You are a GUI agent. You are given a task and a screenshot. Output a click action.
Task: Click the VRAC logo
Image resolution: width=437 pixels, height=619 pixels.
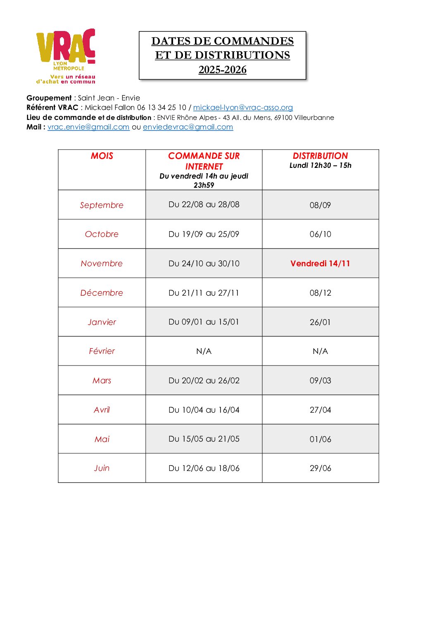66,56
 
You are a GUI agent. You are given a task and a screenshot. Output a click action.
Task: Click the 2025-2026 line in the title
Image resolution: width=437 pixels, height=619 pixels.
222,69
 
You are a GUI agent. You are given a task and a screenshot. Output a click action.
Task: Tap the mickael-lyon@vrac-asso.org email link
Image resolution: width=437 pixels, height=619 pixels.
243,108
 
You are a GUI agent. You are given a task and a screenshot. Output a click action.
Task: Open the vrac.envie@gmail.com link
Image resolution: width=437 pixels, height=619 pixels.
88,127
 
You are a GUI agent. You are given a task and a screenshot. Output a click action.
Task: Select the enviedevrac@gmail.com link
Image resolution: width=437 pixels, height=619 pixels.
188,127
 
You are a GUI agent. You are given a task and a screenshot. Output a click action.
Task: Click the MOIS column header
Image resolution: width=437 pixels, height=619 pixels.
102,156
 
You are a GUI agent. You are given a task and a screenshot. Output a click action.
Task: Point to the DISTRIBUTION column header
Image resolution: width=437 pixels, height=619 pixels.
320,156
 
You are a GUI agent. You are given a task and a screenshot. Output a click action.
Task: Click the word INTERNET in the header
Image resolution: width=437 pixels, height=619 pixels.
204,167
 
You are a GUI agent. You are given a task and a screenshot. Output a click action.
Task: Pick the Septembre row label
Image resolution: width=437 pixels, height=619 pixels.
102,205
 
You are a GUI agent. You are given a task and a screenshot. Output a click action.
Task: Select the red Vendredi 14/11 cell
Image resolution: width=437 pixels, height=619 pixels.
320,263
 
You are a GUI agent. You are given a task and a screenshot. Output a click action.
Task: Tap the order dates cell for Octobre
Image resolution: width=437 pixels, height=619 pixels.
204,234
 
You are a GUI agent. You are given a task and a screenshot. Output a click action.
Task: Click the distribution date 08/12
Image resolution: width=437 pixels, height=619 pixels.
320,293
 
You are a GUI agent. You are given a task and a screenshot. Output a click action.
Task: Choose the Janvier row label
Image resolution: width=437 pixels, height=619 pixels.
102,322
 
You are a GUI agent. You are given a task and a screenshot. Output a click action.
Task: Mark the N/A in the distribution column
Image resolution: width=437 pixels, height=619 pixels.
320,351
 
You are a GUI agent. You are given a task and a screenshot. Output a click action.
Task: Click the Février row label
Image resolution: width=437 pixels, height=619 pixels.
102,351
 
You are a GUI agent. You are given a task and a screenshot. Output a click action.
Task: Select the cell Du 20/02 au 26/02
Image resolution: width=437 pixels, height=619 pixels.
204,380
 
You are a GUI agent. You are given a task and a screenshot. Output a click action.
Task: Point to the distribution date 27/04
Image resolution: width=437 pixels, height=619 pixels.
320,410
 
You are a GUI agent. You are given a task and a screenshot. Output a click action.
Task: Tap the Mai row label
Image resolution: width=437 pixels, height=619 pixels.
102,439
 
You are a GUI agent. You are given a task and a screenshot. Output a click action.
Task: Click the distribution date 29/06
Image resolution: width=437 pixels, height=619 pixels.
320,468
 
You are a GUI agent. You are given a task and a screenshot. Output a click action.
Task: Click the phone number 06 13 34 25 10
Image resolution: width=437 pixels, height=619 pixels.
161,108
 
